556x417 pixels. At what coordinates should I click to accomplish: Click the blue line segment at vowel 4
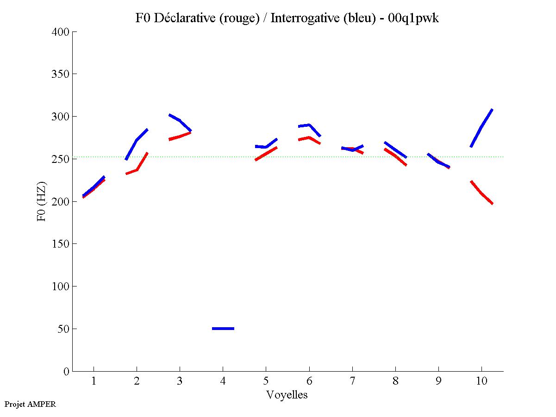223,329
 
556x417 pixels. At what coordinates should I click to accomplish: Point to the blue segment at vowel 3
179,120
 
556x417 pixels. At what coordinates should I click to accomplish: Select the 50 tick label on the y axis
63,329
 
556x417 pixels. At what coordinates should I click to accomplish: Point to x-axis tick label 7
352,382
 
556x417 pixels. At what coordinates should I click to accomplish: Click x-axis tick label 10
481,382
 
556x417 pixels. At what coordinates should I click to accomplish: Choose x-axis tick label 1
94,382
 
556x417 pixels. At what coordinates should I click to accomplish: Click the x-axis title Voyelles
287,395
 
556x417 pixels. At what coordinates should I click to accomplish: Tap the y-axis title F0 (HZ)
42,201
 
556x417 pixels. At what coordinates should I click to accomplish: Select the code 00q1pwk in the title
413,18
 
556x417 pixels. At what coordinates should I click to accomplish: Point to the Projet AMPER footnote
30,404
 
